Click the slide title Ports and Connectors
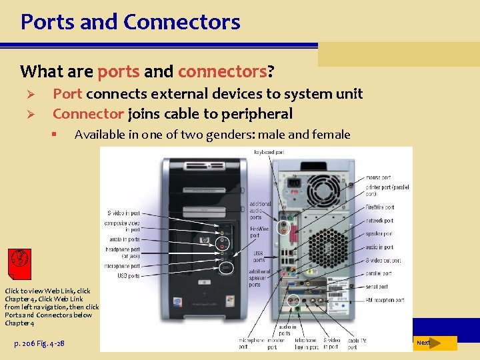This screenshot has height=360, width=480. tap(130, 21)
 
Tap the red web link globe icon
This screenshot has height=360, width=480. tap(19, 261)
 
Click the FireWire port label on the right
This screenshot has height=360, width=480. tap(380, 207)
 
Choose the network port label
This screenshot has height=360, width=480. tap(379, 220)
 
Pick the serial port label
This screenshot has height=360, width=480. tap(377, 287)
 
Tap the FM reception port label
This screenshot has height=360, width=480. tap(385, 300)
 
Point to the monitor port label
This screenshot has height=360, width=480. tap(271, 343)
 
